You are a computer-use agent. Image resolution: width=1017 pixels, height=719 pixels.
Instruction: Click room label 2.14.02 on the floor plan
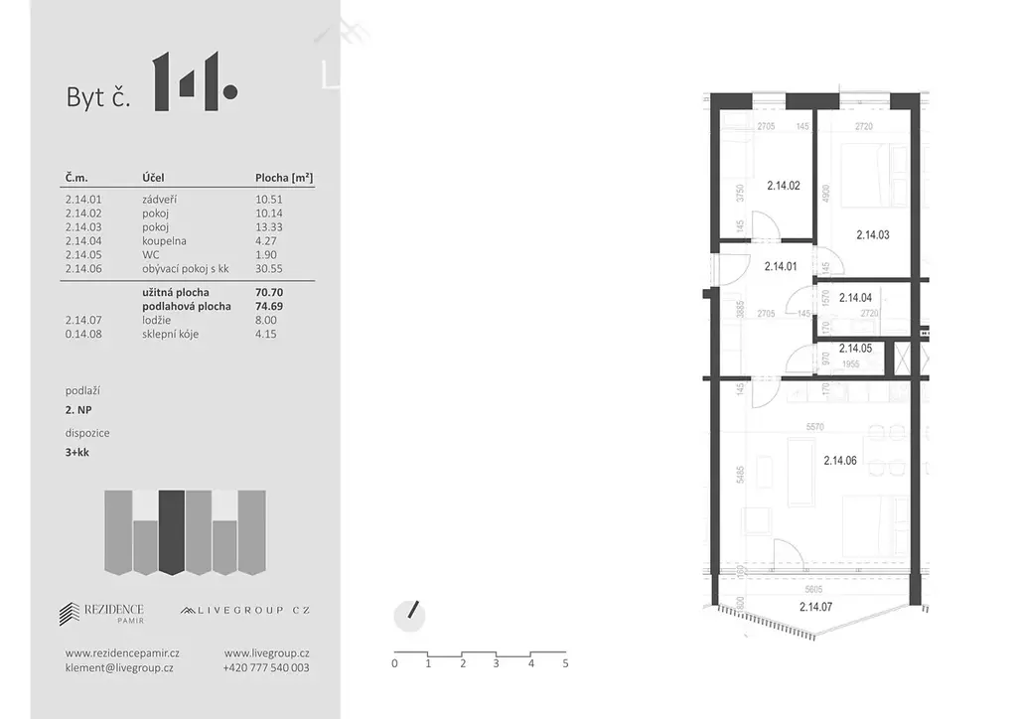tap(785, 185)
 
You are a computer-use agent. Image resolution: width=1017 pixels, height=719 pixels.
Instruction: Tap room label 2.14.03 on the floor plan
tap(872, 235)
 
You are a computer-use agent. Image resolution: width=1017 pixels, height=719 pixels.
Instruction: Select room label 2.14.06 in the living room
tap(841, 460)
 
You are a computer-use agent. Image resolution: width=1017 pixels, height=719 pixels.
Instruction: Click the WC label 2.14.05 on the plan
tap(855, 348)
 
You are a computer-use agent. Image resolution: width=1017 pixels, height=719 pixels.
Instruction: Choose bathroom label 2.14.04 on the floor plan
tap(856, 297)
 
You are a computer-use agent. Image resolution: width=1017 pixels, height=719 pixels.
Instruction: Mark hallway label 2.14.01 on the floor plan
tap(781, 266)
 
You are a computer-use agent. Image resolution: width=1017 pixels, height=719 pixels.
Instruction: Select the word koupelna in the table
tap(164, 240)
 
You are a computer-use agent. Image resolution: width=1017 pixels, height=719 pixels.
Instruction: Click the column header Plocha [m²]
tap(284, 178)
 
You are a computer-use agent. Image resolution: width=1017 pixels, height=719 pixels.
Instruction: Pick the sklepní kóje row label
tap(170, 334)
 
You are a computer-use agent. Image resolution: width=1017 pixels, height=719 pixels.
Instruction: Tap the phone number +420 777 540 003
tap(266, 668)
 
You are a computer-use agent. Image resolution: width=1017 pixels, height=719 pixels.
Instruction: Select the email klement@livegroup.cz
tap(119, 668)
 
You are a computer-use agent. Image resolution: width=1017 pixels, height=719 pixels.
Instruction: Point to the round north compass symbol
tap(409, 616)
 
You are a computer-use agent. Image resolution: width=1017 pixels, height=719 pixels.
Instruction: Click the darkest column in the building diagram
tap(172, 531)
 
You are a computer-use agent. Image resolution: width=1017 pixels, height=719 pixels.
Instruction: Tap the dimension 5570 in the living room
tap(817, 427)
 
